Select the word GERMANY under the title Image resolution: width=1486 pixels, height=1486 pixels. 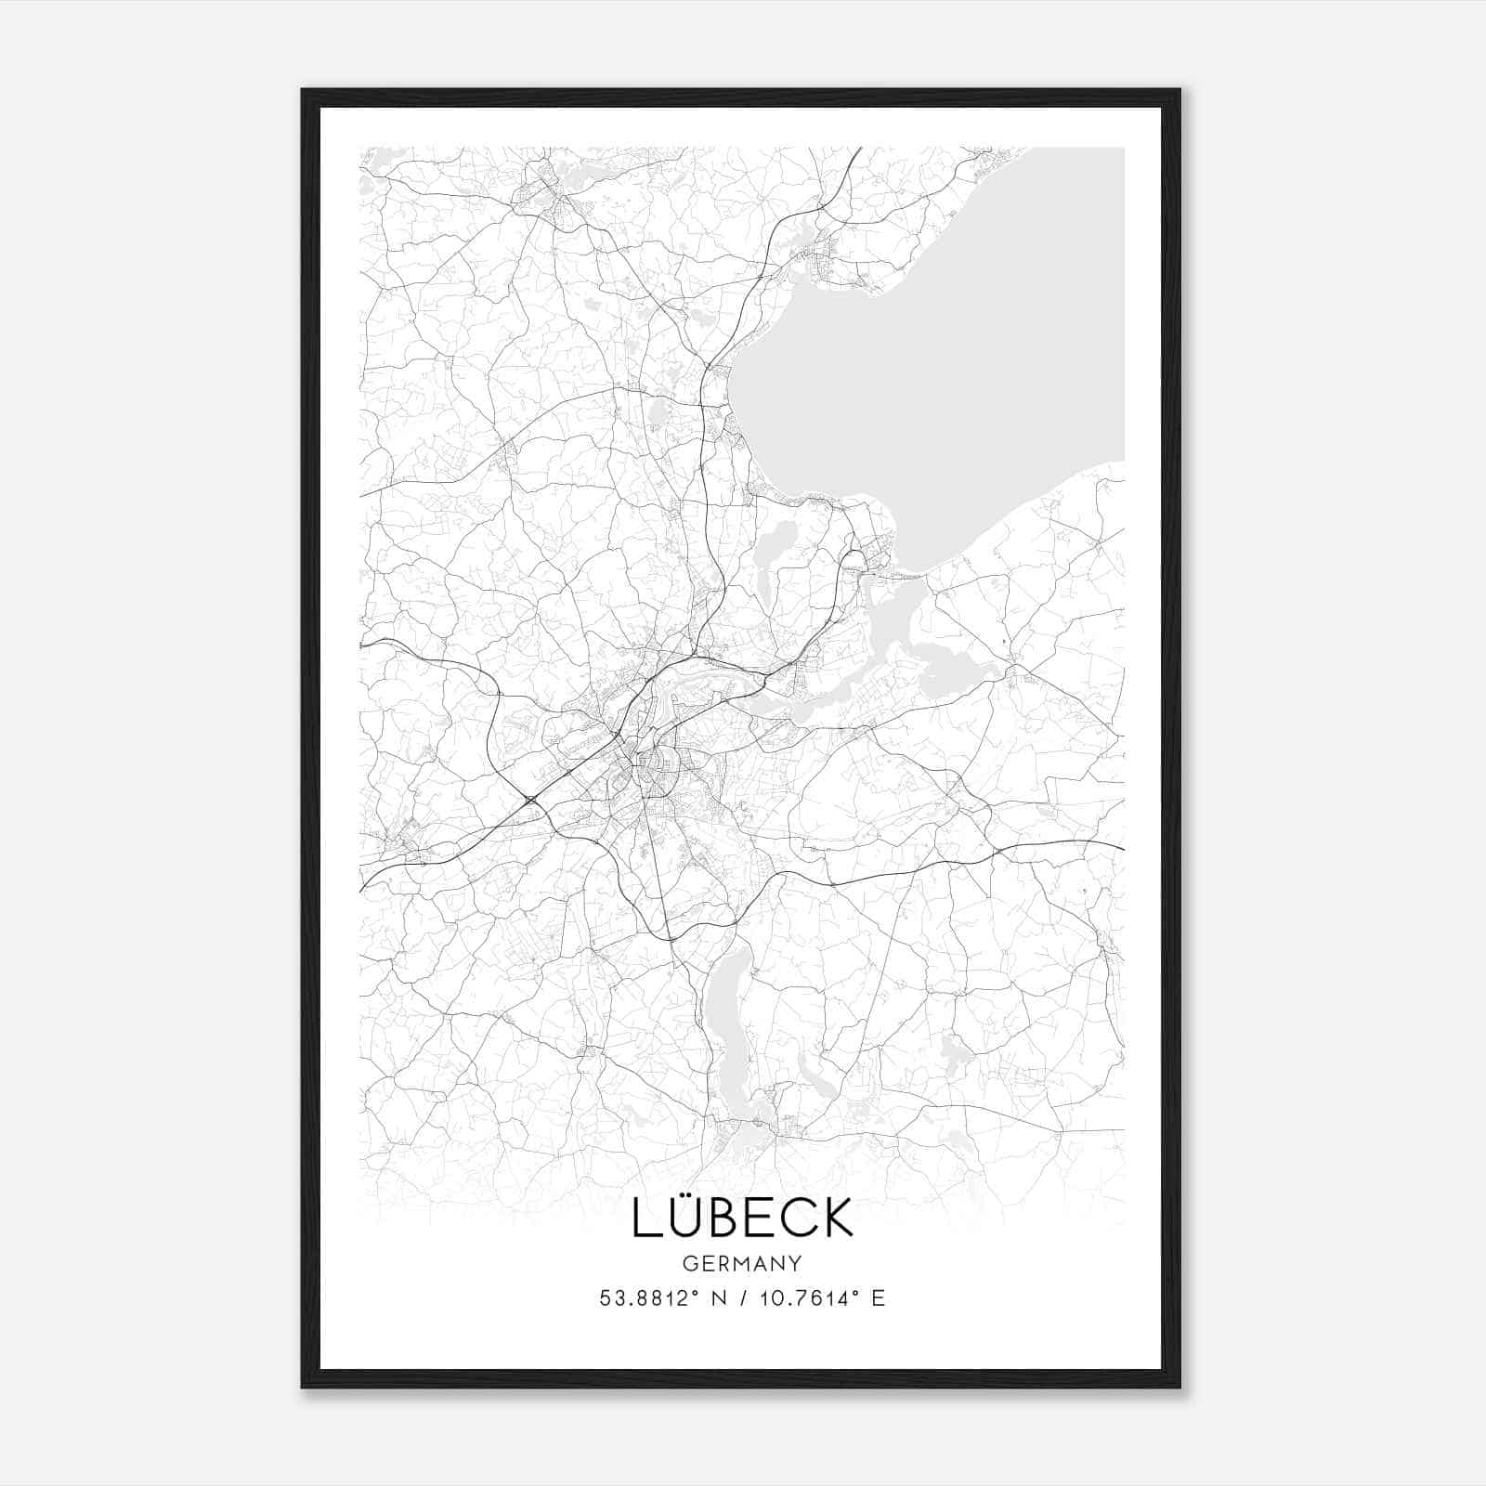coord(742,1264)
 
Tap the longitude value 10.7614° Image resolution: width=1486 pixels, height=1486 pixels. coord(805,1298)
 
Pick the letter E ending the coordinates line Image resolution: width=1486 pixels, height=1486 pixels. coord(878,1298)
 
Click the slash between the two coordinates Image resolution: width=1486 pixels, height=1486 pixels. coord(746,1298)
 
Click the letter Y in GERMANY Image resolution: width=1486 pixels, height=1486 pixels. coord(794,1264)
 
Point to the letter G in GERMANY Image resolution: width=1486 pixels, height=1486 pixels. coord(688,1264)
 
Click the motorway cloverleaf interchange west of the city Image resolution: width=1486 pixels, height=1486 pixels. coord(530,801)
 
